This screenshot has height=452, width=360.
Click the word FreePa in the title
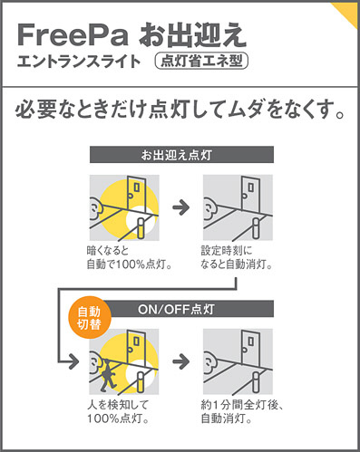[x=73, y=35]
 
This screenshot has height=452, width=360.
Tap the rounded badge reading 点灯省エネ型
[x=201, y=62]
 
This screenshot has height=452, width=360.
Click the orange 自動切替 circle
[x=89, y=318]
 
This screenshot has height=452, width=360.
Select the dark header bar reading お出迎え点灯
[x=181, y=155]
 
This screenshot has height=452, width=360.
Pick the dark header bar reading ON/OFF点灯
[x=188, y=309]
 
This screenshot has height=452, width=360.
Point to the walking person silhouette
[x=107, y=374]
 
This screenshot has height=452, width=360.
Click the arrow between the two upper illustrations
[x=181, y=207]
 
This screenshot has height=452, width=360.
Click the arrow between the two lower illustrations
[x=181, y=361]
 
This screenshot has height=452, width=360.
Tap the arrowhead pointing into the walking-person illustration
[x=73, y=361]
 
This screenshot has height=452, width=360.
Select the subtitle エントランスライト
[x=79, y=62]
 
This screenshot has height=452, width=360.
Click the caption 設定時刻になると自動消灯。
[x=237, y=257]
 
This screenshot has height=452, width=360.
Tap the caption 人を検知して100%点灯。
[x=118, y=412]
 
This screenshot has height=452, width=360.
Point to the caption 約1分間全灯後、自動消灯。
[x=242, y=412]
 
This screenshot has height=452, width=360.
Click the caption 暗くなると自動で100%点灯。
[x=130, y=257]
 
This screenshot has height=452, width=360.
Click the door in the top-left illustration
[x=137, y=193]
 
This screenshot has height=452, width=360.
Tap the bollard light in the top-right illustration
[x=256, y=228]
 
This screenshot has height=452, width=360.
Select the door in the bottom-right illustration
[x=250, y=347]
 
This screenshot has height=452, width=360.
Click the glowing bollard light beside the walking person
[x=141, y=381]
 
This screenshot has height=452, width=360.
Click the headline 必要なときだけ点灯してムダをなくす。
[x=180, y=111]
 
